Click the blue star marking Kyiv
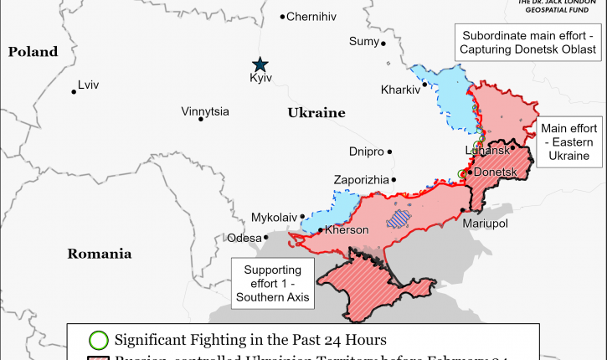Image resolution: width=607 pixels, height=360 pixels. click(x=261, y=64)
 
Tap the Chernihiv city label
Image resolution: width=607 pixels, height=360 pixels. click(x=311, y=17)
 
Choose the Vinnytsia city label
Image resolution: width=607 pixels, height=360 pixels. click(x=205, y=111)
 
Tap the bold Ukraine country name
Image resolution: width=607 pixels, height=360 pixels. click(x=316, y=112)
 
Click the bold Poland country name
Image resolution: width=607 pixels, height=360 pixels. click(x=33, y=52)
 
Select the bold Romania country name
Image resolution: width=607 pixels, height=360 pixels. click(x=100, y=253)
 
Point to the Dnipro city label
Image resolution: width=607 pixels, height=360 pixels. click(x=366, y=152)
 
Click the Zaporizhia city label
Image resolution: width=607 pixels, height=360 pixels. click(x=361, y=180)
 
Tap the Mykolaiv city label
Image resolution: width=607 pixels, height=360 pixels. click(x=275, y=218)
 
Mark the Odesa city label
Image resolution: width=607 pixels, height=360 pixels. click(x=244, y=239)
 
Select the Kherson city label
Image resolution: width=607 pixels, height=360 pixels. click(x=346, y=229)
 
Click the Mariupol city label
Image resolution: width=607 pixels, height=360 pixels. click(x=485, y=224)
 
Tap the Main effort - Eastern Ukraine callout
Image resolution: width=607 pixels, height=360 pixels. click(x=568, y=142)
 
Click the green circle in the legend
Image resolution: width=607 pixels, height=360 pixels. click(x=99, y=340)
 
